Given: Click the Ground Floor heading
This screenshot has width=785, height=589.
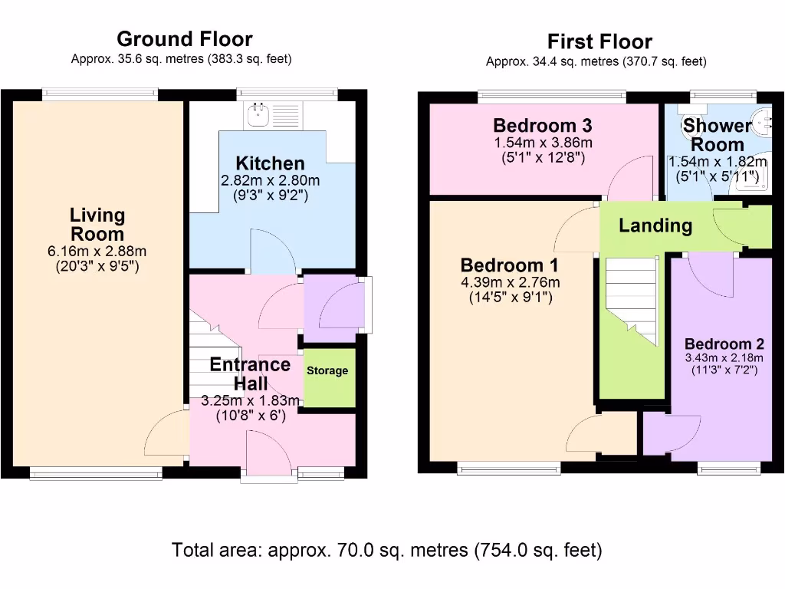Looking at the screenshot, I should (184, 39).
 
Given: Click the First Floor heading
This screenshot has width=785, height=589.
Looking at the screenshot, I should (599, 41).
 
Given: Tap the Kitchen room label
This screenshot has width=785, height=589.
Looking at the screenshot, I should (270, 163).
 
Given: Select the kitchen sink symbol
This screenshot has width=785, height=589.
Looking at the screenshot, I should (256, 116).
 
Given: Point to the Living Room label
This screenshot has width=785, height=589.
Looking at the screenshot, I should (97, 225).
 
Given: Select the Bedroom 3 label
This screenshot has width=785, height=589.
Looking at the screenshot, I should (543, 125).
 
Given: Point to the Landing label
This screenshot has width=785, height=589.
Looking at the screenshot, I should (655, 225).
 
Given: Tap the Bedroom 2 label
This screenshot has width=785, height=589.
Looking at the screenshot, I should (724, 344).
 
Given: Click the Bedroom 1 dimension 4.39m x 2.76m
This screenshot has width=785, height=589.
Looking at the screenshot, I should (510, 282).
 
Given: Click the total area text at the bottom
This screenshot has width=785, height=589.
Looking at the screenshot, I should (387, 550).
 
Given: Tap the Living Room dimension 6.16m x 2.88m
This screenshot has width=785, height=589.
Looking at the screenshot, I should (97, 251).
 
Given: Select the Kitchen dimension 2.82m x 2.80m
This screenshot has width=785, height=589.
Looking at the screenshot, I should (270, 181).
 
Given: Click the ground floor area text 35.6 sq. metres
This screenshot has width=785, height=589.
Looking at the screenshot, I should (181, 59).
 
